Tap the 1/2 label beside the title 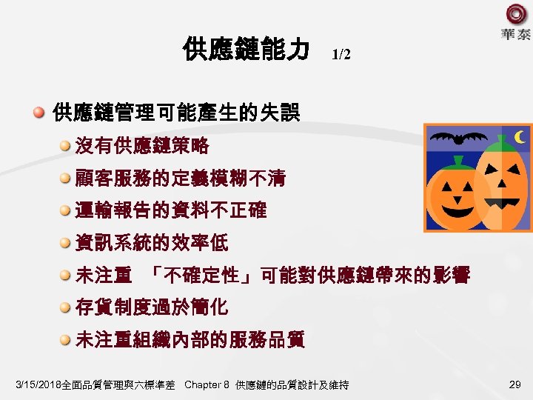(341, 54)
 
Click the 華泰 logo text (515, 34)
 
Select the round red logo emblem (516, 14)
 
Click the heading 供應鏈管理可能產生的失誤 (176, 113)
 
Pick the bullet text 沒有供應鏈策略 (142, 145)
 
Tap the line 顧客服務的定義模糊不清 (180, 178)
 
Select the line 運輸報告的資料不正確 (170, 210)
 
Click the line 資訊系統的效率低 (152, 242)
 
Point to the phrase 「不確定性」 (201, 276)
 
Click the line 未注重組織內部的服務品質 (190, 340)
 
